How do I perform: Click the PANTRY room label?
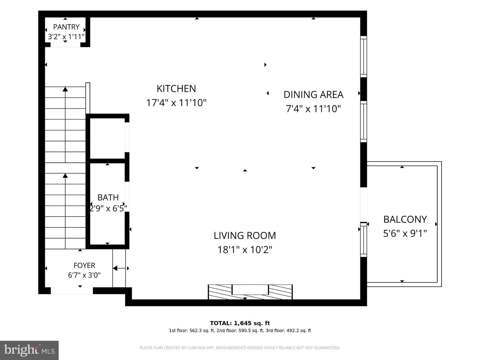(x=66, y=27)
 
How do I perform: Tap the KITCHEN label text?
(x=176, y=89)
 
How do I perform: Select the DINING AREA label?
(x=313, y=95)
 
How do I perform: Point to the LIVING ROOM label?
(x=245, y=235)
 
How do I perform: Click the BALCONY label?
(x=405, y=219)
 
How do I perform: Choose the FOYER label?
(x=84, y=265)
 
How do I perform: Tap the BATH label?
(x=108, y=197)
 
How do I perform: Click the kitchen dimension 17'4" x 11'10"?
(x=176, y=103)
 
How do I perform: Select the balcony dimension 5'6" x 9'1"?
(x=405, y=233)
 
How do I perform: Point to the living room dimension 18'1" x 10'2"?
(x=245, y=249)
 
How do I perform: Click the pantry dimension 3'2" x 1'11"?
(x=66, y=37)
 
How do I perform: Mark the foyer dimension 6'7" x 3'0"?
(x=84, y=275)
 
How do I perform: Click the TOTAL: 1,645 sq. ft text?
(x=240, y=323)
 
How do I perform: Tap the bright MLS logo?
(x=29, y=350)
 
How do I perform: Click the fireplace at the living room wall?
(x=250, y=292)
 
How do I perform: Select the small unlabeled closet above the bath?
(x=107, y=138)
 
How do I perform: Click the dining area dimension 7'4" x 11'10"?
(x=313, y=109)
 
